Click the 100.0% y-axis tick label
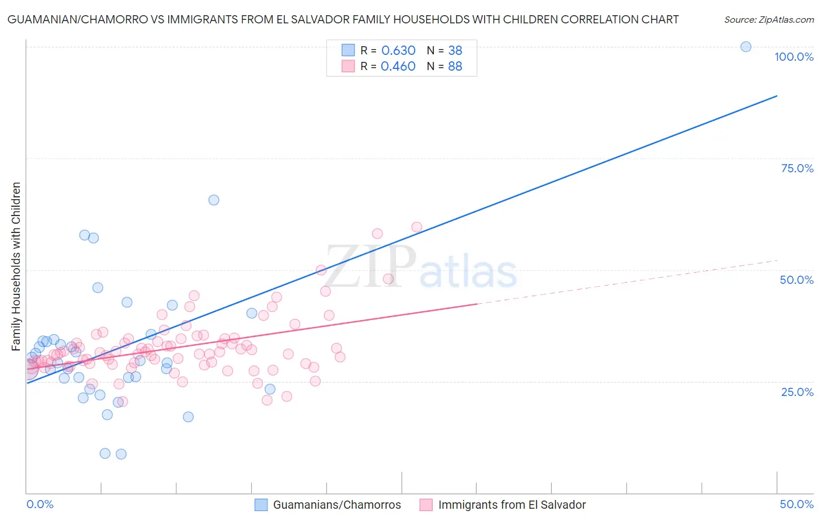794,57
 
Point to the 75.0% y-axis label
797,168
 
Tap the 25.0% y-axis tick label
797,392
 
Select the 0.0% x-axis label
40,504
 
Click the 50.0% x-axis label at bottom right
796,504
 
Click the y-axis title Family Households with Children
16,266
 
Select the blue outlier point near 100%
746,47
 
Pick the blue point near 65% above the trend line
214,200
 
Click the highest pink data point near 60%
416,227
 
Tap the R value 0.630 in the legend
398,51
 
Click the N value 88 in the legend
455,67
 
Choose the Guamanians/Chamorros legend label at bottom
337,505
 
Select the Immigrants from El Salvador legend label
512,505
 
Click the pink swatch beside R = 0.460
348,67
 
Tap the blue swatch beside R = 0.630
348,51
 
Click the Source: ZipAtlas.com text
768,20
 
